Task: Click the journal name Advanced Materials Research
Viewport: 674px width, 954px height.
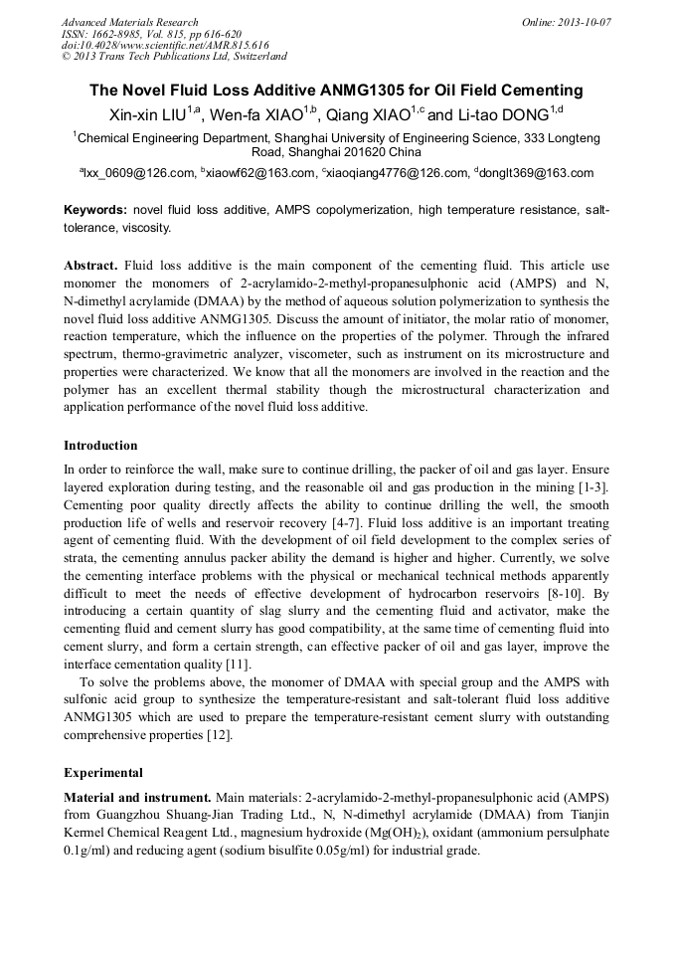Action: pyautogui.click(x=129, y=22)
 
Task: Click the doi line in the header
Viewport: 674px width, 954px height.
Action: pyautogui.click(x=165, y=45)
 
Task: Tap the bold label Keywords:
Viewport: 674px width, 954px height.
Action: pyautogui.click(x=95, y=211)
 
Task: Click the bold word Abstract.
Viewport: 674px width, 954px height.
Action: pyautogui.click(x=90, y=266)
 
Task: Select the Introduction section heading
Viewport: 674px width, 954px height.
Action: pyautogui.click(x=100, y=445)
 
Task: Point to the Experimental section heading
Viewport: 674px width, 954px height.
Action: pyautogui.click(x=103, y=772)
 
